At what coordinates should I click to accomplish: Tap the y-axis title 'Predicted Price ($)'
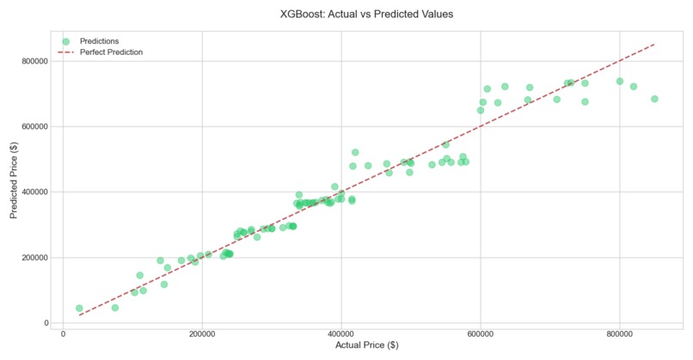click(x=15, y=180)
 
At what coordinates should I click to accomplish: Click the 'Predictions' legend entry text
click(x=99, y=40)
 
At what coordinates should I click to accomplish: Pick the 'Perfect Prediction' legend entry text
click(x=111, y=52)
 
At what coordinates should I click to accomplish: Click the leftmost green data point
click(x=79, y=308)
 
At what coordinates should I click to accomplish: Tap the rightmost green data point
click(x=654, y=99)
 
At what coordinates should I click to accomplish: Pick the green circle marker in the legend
click(x=65, y=40)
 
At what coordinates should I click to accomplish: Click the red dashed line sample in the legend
click(x=65, y=52)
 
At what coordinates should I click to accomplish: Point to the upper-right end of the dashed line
click(x=654, y=44)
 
